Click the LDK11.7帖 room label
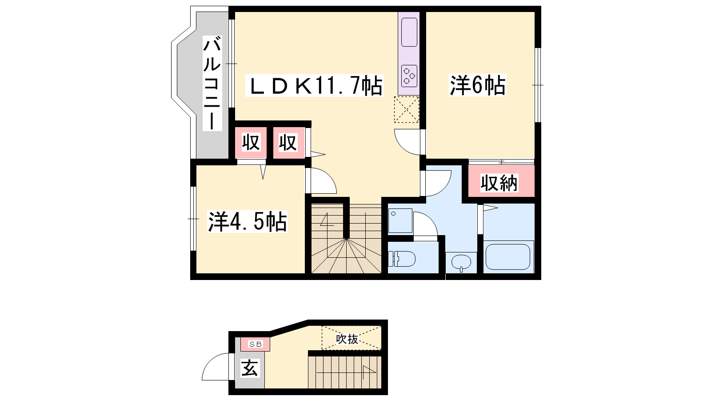click(315, 85)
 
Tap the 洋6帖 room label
click(477, 85)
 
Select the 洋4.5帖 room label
click(247, 221)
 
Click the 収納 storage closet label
click(499, 183)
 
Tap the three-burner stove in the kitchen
click(409, 76)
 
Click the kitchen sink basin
click(409, 32)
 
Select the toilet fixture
click(402, 259)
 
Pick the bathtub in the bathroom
click(508, 257)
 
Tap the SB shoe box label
click(255, 344)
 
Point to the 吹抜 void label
click(347, 339)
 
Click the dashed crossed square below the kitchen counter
click(407, 109)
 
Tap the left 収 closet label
click(251, 142)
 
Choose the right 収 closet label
click(288, 143)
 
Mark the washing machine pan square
click(400, 221)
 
